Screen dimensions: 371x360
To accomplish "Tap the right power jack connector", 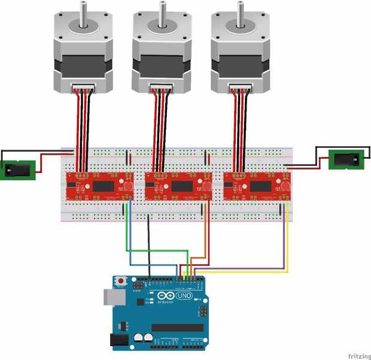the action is (346, 160).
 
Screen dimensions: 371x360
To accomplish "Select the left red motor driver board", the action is (99, 186).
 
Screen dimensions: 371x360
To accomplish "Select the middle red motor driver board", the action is (178, 186).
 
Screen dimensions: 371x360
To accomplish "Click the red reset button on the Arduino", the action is (121, 280).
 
